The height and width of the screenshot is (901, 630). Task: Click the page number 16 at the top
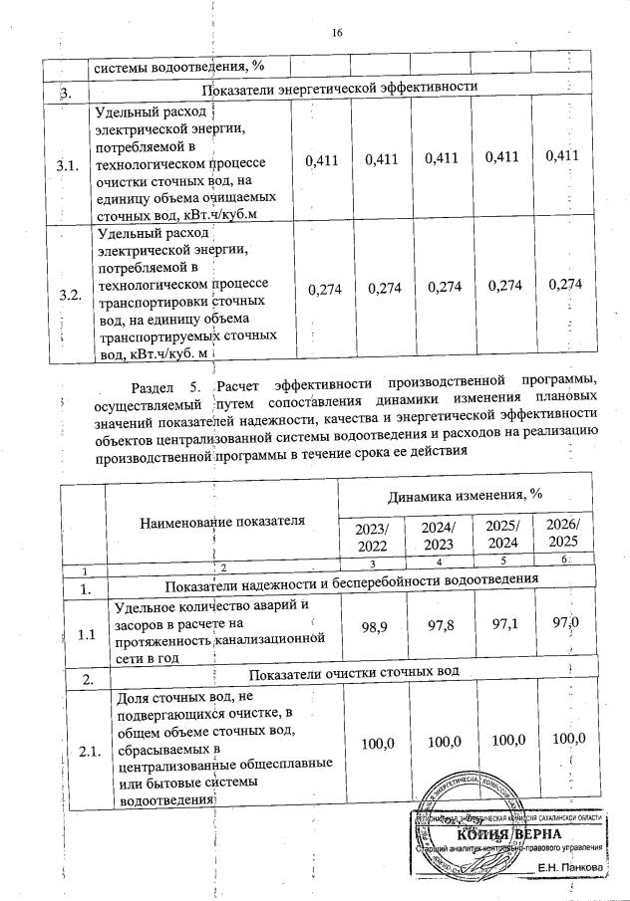337,33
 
